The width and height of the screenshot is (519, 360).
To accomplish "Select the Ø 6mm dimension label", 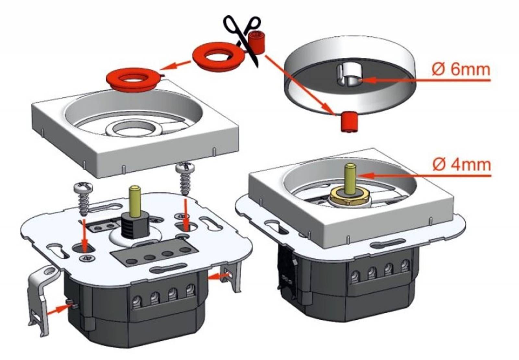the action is click(461, 70).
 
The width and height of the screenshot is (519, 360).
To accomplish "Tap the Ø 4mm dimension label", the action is click(461, 165).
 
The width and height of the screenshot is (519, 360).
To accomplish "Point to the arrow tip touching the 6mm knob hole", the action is click(361, 80).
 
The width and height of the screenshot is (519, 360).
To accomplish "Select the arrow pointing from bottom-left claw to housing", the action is click(58, 309).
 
